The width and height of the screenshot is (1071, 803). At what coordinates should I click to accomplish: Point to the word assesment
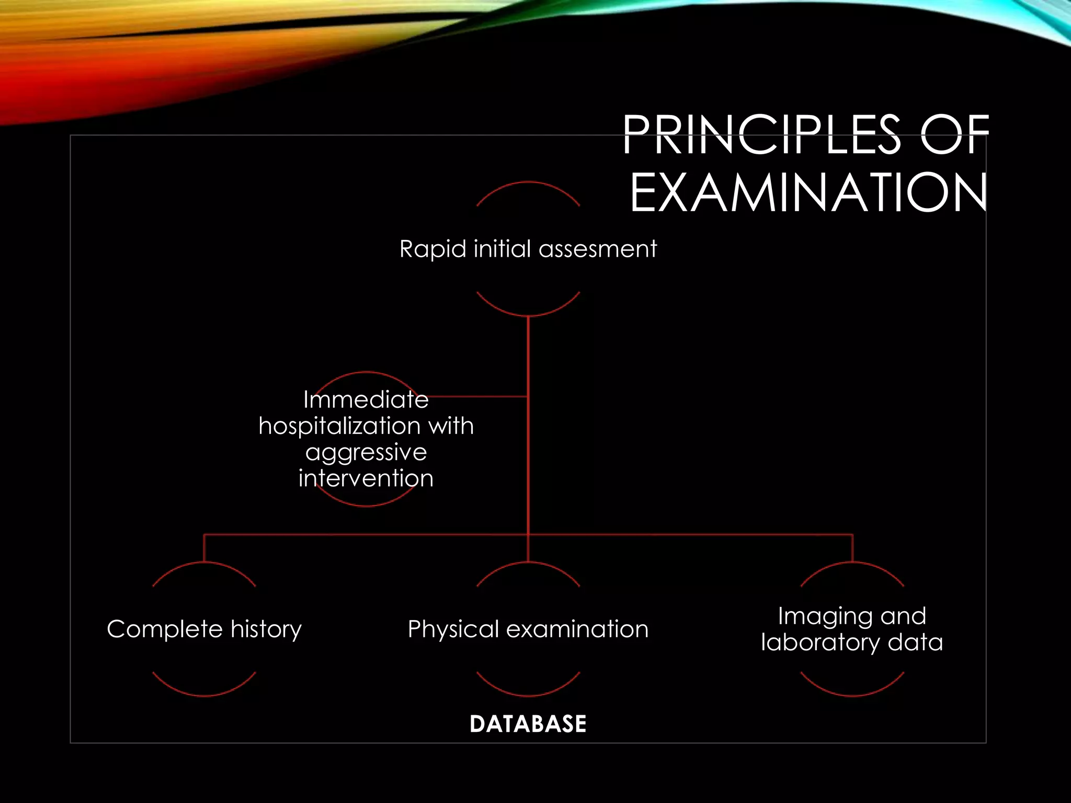(x=598, y=249)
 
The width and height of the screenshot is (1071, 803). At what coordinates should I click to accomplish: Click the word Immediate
(x=366, y=400)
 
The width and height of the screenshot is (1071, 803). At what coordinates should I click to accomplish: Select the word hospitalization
(x=340, y=426)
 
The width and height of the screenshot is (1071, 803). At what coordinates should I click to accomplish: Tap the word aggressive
(x=366, y=453)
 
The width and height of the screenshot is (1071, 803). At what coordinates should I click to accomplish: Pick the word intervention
(x=366, y=478)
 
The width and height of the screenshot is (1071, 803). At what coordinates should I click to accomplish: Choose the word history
(x=266, y=629)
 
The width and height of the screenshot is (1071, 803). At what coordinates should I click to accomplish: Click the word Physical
(x=453, y=629)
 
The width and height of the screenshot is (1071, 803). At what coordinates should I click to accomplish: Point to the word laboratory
(x=821, y=643)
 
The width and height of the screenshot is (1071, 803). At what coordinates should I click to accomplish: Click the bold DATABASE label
(x=528, y=724)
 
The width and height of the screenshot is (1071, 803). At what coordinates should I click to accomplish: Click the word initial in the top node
(x=503, y=249)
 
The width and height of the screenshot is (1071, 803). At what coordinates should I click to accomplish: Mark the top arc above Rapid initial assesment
(x=528, y=183)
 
